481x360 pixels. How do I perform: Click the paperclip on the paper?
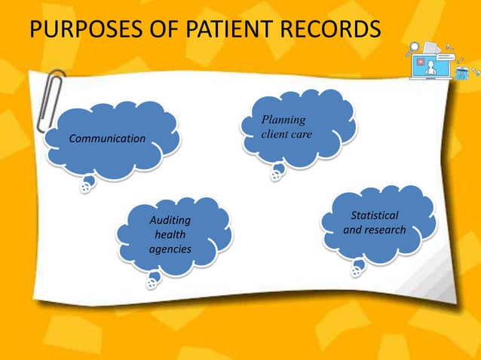[52, 98]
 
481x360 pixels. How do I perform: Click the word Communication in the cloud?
[107, 139]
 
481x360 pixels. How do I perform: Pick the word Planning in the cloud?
[283, 119]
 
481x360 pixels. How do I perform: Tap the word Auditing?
[170, 221]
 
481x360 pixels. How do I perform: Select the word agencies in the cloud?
[170, 249]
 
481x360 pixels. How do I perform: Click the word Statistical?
[375, 216]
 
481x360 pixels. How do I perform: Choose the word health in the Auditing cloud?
[170, 234]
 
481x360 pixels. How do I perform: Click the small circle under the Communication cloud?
[87, 188]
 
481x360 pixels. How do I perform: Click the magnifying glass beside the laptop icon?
[413, 50]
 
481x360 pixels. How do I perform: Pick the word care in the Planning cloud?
[303, 134]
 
